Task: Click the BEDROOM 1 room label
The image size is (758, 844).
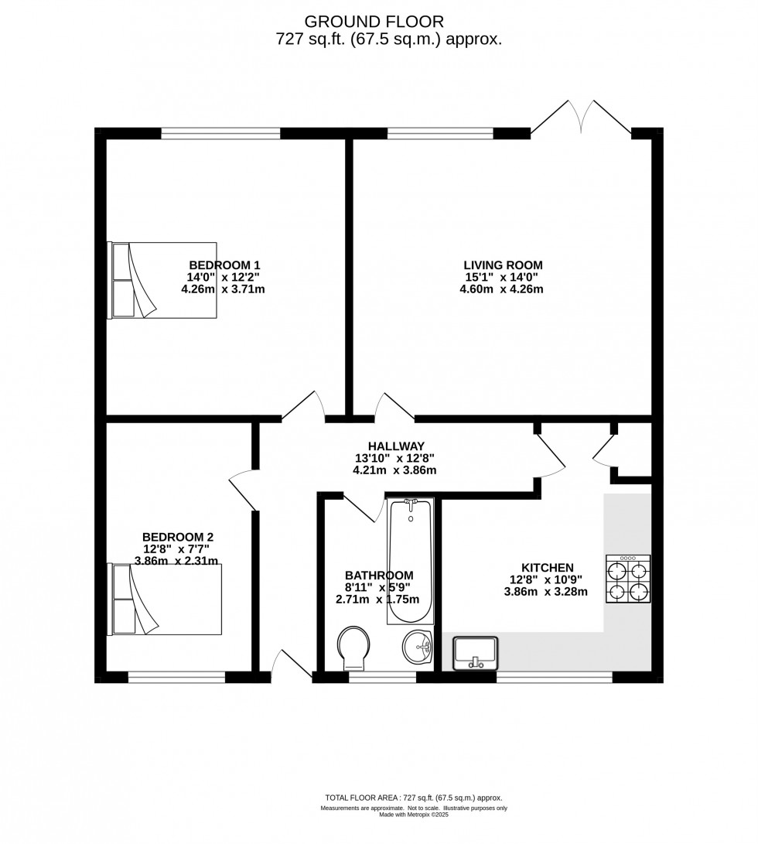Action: click(224, 265)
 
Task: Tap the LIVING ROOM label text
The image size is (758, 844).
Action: click(503, 265)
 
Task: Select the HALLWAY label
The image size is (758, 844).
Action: click(396, 446)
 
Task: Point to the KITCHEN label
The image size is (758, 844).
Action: click(548, 568)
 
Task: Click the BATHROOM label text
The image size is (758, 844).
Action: click(379, 576)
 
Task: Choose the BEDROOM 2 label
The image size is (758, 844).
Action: click(178, 537)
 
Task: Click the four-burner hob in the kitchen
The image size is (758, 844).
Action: click(628, 579)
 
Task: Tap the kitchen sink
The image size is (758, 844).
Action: click(476, 654)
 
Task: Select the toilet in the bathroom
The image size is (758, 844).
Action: click(353, 648)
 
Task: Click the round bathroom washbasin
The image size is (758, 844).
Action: click(418, 647)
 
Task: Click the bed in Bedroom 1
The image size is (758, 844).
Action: click(162, 281)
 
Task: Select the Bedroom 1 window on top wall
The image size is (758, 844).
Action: click(220, 133)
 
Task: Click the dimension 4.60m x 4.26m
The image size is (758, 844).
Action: click(501, 289)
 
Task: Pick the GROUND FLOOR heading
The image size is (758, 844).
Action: click(374, 22)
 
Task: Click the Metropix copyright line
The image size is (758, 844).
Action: click(414, 815)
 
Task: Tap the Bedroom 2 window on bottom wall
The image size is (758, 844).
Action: click(176, 677)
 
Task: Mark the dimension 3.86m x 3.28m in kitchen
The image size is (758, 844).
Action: click(546, 592)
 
